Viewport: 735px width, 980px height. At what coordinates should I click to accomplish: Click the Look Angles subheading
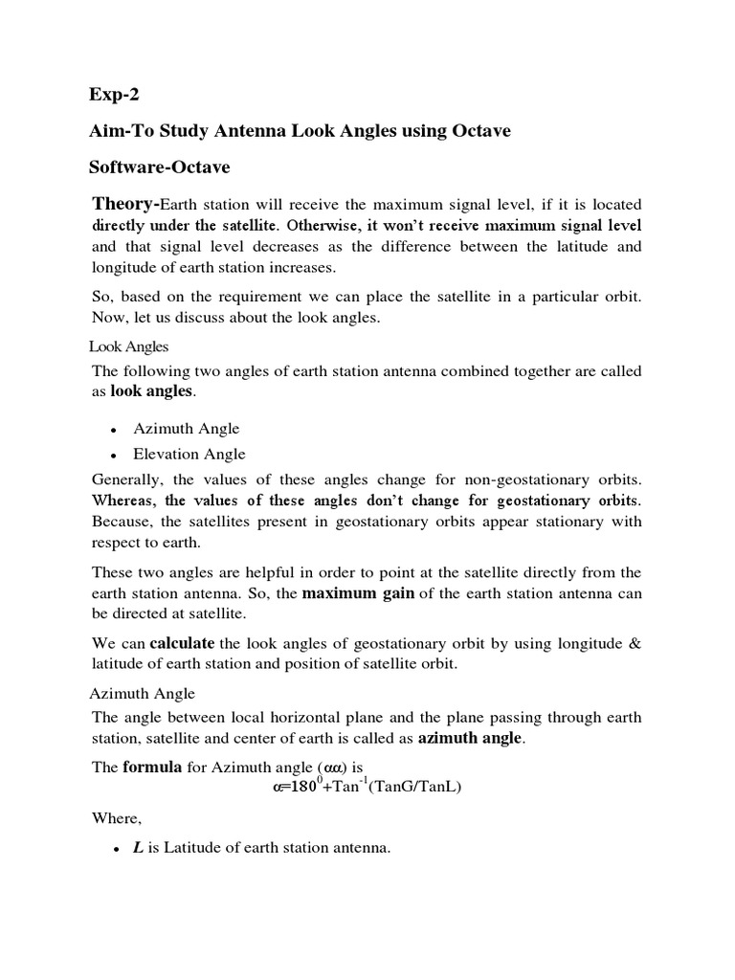[128, 346]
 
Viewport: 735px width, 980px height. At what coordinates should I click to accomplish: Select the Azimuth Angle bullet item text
[187, 429]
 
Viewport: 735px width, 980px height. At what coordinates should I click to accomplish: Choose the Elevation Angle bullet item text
[189, 454]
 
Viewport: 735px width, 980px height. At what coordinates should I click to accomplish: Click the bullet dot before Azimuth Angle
[113, 430]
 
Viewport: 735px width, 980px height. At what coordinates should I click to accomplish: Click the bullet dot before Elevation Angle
[113, 455]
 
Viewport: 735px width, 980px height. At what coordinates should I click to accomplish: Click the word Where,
[115, 818]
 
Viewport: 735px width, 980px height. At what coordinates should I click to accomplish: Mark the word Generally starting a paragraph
[128, 479]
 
